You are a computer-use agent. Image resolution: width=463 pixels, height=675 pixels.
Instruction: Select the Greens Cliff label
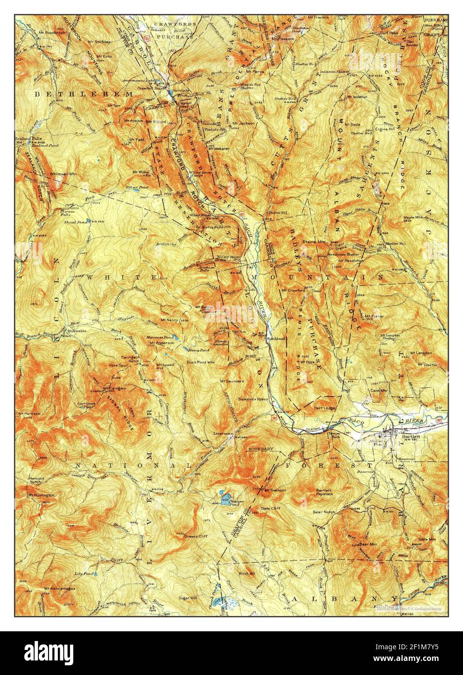coord(196,537)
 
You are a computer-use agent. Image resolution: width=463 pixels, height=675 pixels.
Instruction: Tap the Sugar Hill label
coord(188,598)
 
